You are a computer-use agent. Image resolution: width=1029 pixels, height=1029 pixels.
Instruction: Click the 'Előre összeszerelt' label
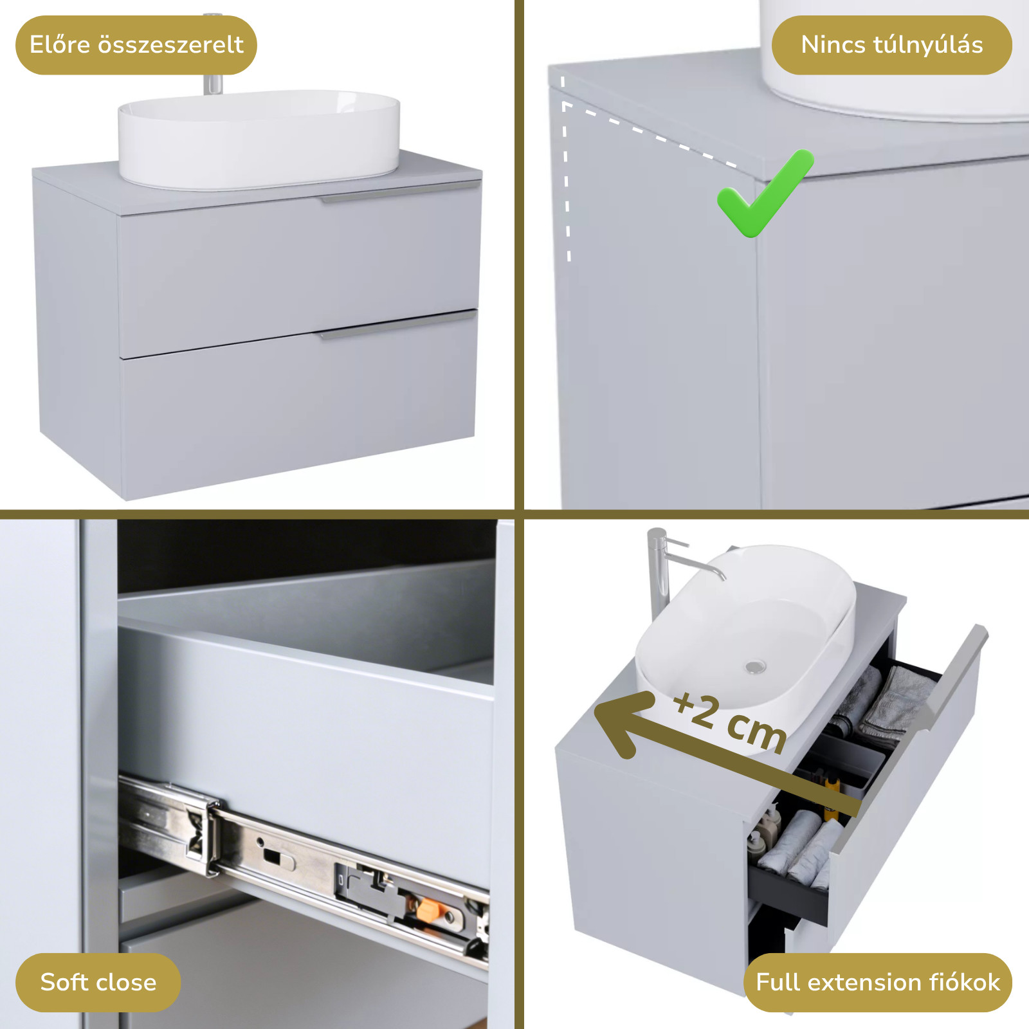point(136,45)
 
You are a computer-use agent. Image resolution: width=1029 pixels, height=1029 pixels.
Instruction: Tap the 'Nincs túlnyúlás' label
point(892,45)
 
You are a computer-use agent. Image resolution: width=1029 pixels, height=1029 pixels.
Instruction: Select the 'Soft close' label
point(98,982)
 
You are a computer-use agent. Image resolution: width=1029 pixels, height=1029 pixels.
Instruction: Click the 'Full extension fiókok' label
point(878,982)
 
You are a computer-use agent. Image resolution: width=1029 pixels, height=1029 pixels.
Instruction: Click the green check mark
point(765,194)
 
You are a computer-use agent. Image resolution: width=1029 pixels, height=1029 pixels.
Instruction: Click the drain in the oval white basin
point(756,667)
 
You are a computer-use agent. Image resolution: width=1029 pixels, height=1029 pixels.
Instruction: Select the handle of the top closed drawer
point(401,192)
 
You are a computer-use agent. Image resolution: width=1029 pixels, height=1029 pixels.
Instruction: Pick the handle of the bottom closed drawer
point(397,325)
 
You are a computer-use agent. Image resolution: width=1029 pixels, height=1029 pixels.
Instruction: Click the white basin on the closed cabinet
point(259,140)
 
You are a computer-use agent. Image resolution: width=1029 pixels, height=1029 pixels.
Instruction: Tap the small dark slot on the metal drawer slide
point(272,856)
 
